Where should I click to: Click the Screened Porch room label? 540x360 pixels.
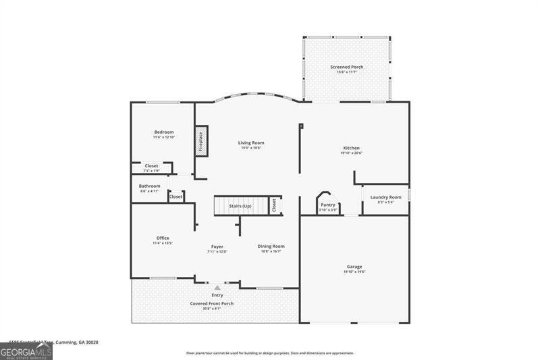click(346, 68)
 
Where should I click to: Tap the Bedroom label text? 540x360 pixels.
click(163, 132)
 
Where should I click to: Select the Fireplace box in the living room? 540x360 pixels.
click(201, 141)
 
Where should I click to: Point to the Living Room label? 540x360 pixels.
click(250, 143)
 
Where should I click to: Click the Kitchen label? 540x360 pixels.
click(351, 148)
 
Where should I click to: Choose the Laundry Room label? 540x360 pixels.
click(385, 197)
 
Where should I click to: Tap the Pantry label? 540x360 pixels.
click(328, 205)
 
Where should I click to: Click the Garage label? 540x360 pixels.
click(354, 267)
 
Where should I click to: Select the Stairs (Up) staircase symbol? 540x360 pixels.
click(240, 205)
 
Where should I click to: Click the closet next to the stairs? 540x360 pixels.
click(274, 205)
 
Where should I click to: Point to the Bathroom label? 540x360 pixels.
click(150, 186)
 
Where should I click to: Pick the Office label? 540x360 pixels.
click(163, 238)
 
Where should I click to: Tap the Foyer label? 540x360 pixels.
click(217, 247)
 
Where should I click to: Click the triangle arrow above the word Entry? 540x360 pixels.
click(217, 288)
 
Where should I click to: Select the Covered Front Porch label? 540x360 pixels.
click(211, 304)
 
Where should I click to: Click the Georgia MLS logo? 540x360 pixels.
click(26, 351)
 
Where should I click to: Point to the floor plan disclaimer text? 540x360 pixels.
click(269, 353)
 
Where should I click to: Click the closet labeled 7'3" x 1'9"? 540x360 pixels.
click(151, 166)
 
